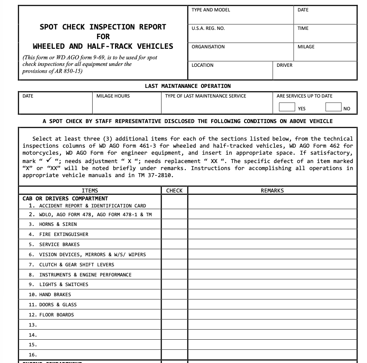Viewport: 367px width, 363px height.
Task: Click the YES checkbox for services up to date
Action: point(287,107)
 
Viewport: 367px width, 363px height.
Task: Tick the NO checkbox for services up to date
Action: point(333,107)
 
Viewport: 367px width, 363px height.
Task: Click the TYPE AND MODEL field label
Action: point(211,10)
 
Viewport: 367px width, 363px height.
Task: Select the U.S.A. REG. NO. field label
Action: point(208,28)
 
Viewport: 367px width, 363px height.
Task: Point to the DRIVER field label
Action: point(284,65)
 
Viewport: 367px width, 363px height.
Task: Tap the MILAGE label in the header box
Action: point(306,47)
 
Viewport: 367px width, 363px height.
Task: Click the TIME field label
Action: point(303,28)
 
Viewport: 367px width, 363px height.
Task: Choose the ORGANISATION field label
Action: point(208,47)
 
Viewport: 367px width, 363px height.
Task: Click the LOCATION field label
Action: point(203,65)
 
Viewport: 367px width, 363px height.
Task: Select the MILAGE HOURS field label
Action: point(113,96)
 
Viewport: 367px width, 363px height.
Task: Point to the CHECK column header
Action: point(174,191)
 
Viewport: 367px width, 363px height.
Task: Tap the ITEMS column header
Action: point(90,191)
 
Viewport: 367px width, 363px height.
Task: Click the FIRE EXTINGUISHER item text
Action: point(64,234)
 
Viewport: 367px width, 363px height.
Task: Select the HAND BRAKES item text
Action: point(55,294)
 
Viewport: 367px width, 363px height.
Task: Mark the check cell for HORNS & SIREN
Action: point(174,224)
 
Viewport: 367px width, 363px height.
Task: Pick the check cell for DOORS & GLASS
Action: point(174,305)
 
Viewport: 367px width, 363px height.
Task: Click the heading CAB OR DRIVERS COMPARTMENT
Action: point(65,199)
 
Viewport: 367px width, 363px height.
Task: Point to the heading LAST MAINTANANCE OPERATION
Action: point(187,86)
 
